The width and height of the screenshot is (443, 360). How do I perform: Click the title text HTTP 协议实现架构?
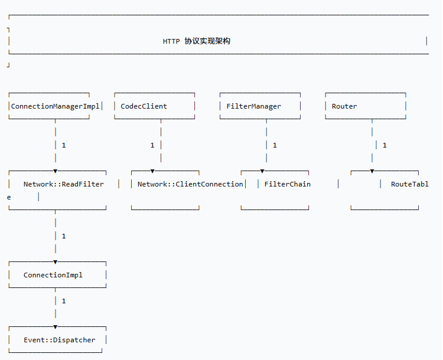196,41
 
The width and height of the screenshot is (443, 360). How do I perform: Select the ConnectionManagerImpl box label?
55,106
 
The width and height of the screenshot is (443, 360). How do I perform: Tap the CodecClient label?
144,106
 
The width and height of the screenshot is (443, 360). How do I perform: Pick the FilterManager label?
254,106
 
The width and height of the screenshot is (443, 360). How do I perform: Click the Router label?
344,106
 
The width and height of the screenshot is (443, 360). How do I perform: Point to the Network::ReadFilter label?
64,184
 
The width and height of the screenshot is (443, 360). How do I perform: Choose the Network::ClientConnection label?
190,184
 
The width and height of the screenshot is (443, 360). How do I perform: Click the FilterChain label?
287,184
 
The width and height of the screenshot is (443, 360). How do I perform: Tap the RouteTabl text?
410,184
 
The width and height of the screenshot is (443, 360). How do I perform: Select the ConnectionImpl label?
53,275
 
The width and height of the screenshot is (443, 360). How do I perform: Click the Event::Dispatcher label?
59,340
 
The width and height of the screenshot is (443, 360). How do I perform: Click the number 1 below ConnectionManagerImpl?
64,145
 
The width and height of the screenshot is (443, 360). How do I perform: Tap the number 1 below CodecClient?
152,145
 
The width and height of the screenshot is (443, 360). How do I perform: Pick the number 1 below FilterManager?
275,145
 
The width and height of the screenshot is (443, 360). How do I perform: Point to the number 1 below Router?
385,145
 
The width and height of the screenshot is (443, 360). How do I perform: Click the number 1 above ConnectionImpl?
64,236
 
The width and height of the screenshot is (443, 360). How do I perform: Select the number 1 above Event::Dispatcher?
64,301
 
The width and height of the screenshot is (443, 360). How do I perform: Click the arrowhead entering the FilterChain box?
262,171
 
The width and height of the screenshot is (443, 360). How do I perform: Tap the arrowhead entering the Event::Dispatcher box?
56,327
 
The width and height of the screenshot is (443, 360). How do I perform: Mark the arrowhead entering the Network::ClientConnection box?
152,171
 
